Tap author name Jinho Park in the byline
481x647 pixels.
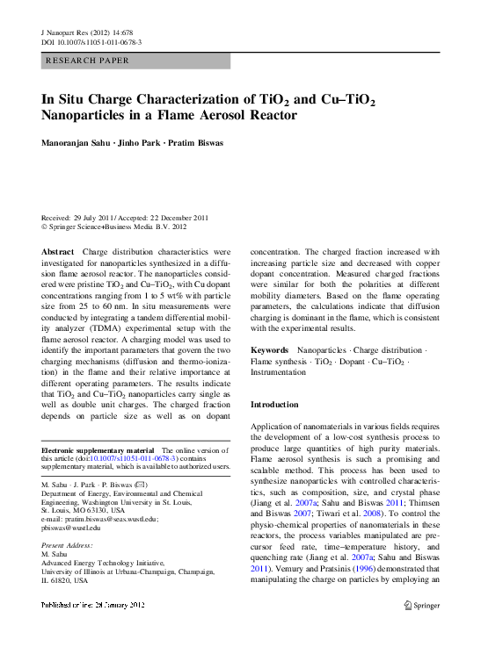click(x=139, y=142)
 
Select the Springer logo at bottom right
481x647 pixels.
click(x=421, y=630)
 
